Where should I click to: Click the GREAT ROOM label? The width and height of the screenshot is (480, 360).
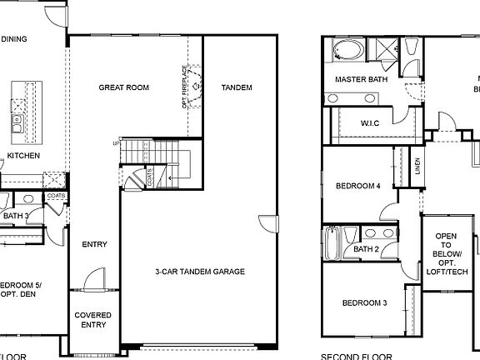click(123, 87)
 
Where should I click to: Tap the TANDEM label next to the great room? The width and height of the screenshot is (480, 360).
click(237, 87)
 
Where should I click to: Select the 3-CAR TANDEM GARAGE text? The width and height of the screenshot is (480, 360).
click(200, 272)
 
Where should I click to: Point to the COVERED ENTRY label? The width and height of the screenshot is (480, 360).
click(92, 320)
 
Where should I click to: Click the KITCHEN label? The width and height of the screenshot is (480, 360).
click(23, 156)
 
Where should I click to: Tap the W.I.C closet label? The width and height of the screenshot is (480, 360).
click(370, 123)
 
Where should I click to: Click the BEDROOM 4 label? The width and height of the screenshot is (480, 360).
click(357, 186)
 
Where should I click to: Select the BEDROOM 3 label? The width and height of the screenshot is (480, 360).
click(364, 302)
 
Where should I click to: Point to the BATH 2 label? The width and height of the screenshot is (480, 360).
click(367, 249)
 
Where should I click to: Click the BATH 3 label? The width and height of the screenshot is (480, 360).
click(15, 217)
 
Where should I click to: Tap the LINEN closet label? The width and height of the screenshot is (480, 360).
click(417, 167)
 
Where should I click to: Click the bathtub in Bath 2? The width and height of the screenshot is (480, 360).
click(332, 242)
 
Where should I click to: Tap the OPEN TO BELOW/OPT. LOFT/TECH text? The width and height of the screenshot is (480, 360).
click(447, 253)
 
